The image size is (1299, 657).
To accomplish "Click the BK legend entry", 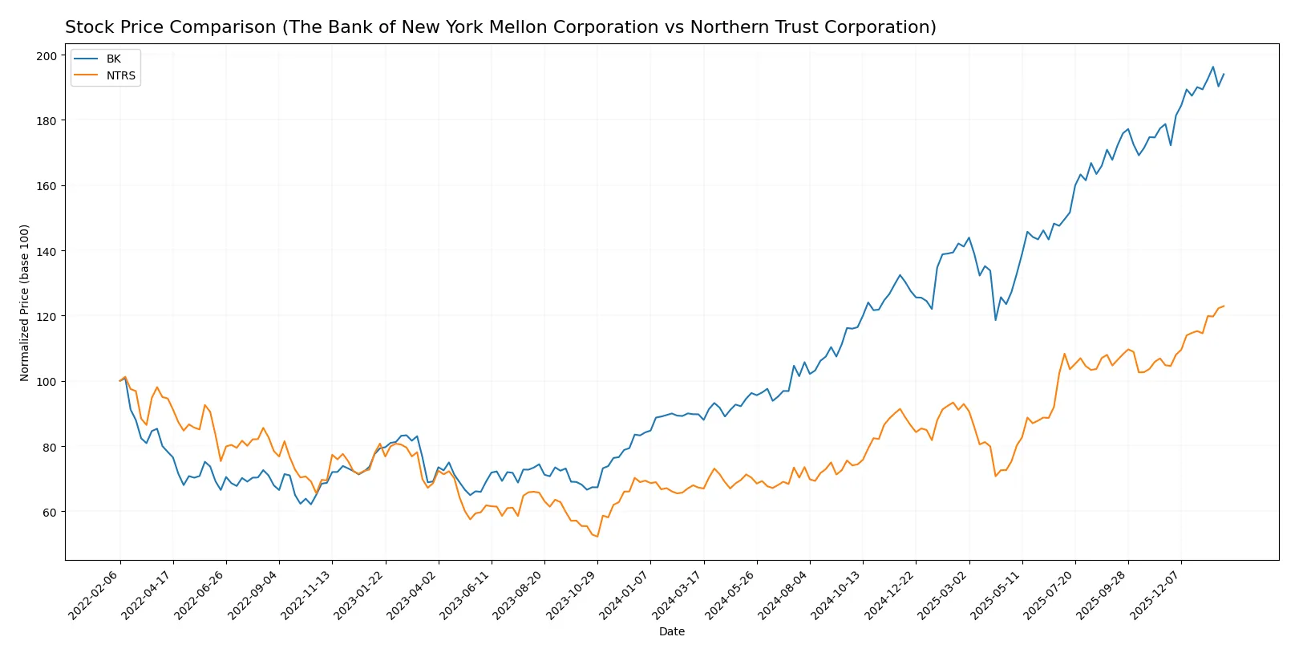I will tap(113, 59).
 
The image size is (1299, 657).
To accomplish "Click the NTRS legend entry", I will tap(120, 76).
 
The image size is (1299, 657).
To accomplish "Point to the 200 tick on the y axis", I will tap(47, 55).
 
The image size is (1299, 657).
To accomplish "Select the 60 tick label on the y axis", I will tap(50, 512).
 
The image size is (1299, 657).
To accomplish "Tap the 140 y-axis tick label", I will tap(47, 251).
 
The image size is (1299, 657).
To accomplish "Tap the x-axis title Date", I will tap(671, 632).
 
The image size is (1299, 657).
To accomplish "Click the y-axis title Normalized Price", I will tap(24, 302).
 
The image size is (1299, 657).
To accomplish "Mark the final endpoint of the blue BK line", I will tap(1224, 75).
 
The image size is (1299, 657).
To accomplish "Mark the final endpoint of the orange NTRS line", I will tap(1224, 306).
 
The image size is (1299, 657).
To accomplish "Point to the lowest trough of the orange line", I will tap(597, 536).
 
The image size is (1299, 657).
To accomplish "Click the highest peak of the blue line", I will tap(1213, 67).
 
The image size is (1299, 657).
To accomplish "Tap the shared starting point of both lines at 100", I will tap(120, 381).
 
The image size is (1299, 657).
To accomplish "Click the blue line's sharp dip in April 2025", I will tap(996, 320).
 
